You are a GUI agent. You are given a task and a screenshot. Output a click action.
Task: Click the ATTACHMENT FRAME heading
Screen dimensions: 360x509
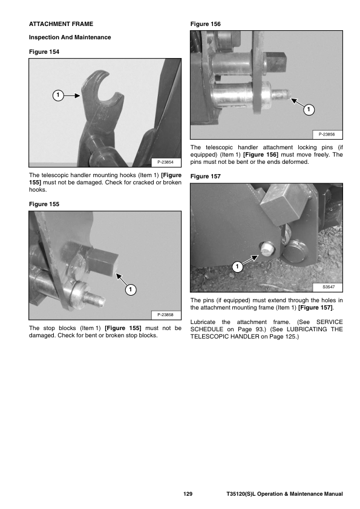[x=61, y=24]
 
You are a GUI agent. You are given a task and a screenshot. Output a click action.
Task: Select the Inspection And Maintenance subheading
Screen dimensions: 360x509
[x=70, y=37]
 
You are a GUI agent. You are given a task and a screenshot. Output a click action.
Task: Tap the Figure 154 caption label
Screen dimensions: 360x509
[x=44, y=52]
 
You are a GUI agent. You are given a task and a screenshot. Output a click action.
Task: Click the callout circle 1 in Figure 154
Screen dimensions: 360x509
[x=58, y=96]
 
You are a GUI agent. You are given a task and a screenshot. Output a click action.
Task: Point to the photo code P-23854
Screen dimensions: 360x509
[x=165, y=162]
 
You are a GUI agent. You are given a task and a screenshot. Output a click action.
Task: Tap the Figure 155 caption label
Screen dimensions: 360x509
[x=44, y=204]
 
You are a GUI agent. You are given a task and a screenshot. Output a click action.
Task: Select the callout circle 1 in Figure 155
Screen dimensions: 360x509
[x=130, y=289]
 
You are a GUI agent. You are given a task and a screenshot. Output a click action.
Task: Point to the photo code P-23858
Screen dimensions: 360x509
[x=165, y=314]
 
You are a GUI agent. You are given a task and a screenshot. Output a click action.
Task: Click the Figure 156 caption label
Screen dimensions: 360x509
[x=206, y=24]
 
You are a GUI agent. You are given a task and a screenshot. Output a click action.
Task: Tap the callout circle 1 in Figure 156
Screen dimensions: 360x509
[x=309, y=110]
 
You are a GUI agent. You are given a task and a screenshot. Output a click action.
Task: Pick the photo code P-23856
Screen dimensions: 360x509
[x=327, y=134]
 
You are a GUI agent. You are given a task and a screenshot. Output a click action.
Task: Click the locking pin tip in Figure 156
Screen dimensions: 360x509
[x=282, y=94]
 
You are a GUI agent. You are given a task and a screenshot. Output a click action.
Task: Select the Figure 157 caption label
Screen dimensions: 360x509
[x=206, y=177]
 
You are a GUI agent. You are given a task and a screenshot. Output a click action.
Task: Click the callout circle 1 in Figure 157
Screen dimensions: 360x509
[x=237, y=267]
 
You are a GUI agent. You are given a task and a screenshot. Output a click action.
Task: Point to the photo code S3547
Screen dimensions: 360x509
[x=329, y=287]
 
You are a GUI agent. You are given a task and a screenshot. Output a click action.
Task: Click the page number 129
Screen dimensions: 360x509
[x=188, y=494]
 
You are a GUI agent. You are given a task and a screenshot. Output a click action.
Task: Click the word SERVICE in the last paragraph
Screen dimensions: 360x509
[x=330, y=322]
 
